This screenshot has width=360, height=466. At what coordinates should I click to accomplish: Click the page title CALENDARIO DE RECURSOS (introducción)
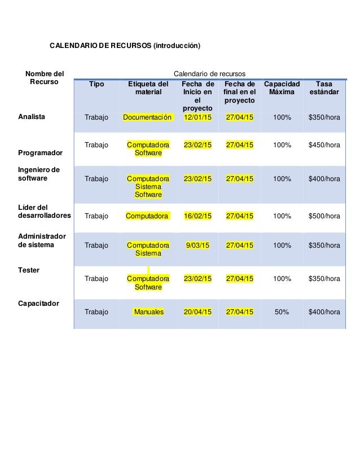[125, 45]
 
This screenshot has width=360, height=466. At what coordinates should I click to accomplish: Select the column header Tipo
[96, 84]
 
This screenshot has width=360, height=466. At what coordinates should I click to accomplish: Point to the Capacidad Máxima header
[282, 88]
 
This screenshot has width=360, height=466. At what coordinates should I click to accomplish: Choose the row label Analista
[32, 117]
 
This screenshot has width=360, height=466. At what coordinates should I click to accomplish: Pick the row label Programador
[40, 153]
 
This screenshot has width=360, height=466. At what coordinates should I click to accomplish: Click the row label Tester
[29, 270]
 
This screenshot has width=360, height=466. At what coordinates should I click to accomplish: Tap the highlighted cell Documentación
[147, 117]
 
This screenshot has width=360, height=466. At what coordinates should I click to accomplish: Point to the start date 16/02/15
[197, 216]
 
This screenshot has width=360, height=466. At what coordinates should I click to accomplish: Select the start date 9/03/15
[197, 245]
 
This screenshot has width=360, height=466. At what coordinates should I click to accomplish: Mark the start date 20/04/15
[197, 311]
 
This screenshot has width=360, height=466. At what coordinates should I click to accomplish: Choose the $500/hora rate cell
[324, 216]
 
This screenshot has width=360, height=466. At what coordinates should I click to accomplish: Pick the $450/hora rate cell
[324, 145]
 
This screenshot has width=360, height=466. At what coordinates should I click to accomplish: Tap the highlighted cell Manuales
[149, 311]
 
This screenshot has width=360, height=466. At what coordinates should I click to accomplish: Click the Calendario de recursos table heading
[209, 73]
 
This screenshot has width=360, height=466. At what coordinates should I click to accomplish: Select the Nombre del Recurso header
[43, 78]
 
